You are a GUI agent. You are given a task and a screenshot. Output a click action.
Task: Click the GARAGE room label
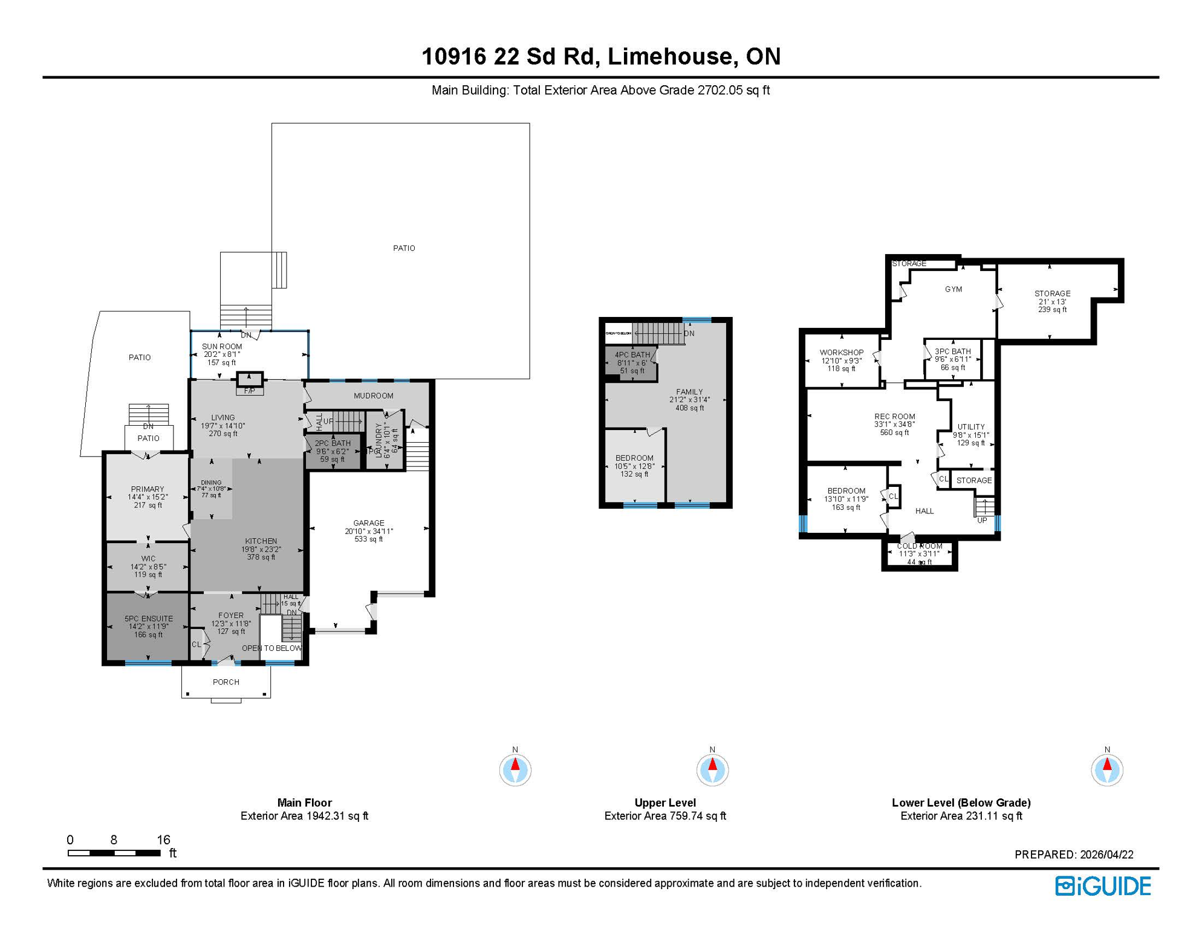click(x=369, y=523)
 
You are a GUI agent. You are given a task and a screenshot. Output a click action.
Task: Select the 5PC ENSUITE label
click(x=149, y=619)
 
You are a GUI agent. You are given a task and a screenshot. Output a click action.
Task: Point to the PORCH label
click(x=226, y=682)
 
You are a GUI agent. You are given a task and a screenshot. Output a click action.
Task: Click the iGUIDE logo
click(x=1103, y=886)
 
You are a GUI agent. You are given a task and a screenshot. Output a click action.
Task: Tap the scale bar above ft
click(x=114, y=853)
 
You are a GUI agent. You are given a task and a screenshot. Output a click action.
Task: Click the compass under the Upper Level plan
click(x=712, y=769)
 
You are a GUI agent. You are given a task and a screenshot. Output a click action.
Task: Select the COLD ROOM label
click(x=920, y=546)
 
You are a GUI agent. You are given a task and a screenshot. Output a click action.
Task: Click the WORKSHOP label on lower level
click(x=841, y=353)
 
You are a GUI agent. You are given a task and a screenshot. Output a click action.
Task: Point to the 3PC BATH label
click(x=952, y=351)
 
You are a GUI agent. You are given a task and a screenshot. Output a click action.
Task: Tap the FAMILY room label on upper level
click(x=689, y=392)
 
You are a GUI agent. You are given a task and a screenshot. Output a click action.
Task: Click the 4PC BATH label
click(x=632, y=355)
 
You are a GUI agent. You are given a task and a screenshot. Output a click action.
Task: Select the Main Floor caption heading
click(x=304, y=803)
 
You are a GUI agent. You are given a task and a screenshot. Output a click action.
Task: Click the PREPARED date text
click(x=1074, y=855)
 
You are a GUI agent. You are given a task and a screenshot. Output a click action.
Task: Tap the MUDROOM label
click(x=373, y=396)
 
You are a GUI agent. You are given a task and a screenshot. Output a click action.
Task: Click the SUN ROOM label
click(x=222, y=347)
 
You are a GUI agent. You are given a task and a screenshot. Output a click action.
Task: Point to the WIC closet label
click(x=148, y=559)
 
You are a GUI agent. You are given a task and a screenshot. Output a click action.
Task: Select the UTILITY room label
click(x=970, y=426)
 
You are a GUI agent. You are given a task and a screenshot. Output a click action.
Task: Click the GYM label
click(x=953, y=289)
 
